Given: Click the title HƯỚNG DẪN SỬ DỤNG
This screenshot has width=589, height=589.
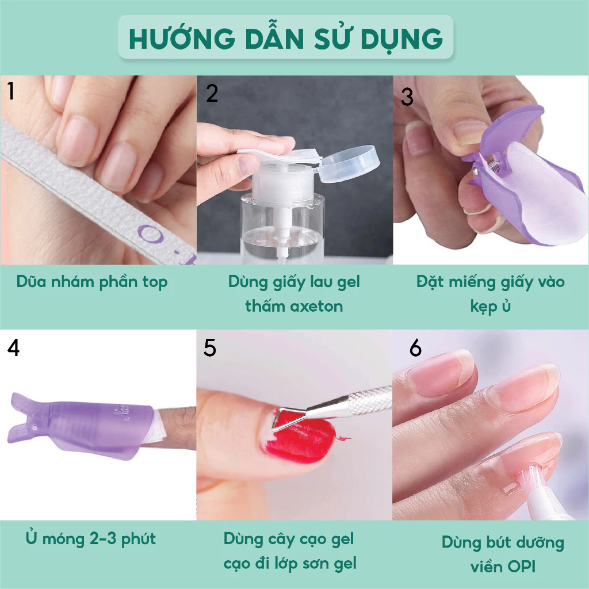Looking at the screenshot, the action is [x=285, y=39].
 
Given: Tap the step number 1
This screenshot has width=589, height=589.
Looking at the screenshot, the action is [x=11, y=91].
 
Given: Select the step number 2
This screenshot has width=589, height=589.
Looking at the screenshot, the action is [x=212, y=93].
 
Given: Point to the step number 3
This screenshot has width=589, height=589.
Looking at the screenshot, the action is [x=407, y=97].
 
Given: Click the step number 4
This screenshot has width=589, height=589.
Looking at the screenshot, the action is [x=13, y=347].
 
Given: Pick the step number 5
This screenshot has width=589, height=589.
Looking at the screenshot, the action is [x=209, y=347].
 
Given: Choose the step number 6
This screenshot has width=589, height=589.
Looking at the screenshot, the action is [x=415, y=347].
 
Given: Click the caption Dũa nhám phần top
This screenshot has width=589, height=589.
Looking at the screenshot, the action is [x=92, y=282].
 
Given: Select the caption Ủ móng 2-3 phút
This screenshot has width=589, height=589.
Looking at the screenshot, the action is [x=90, y=538].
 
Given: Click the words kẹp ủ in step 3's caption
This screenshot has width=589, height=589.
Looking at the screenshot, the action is [x=490, y=307].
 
